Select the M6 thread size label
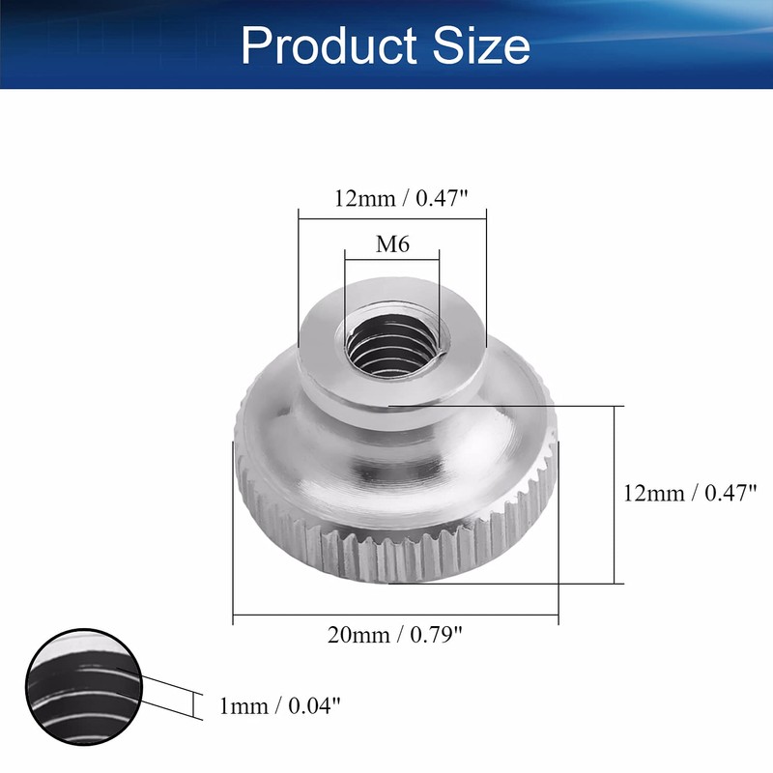point(392,245)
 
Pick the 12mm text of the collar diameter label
point(363,199)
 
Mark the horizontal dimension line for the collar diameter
point(392,215)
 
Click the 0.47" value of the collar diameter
point(442,199)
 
